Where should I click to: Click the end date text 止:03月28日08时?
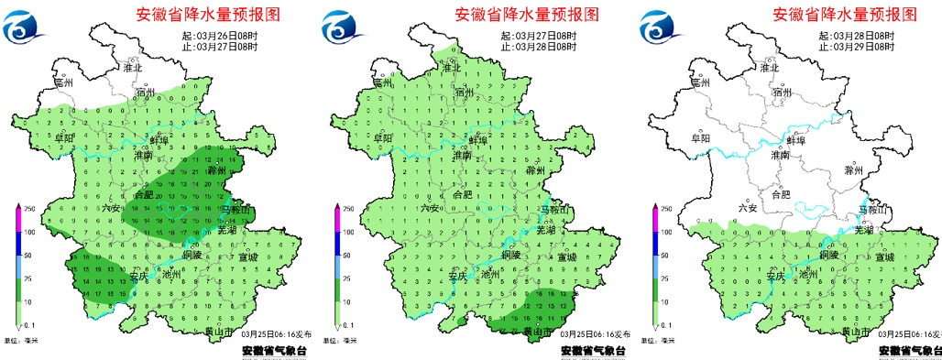click(539, 46)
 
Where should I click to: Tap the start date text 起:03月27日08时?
click(539, 36)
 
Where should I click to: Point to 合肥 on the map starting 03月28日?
click(781, 194)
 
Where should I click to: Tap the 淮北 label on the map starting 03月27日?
click(451, 68)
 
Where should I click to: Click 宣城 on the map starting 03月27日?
click(567, 257)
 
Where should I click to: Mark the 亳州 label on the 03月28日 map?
click(702, 82)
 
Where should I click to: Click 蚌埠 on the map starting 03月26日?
click(157, 139)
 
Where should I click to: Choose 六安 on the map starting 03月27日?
click(429, 208)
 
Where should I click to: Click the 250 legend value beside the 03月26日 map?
click(27, 210)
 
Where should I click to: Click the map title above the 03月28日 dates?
click(844, 15)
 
